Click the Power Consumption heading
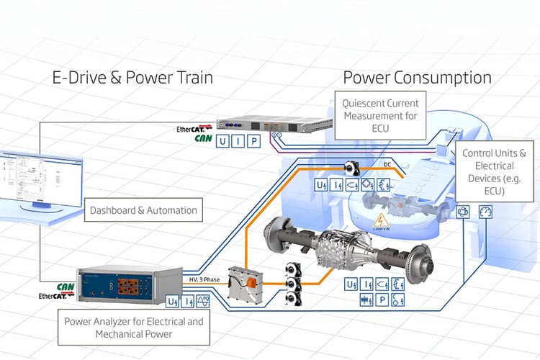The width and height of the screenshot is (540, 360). [417, 78]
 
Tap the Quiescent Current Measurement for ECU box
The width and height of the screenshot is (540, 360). [380, 112]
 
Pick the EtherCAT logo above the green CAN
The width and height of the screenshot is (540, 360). [192, 130]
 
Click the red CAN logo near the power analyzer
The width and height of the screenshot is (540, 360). [66, 287]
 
